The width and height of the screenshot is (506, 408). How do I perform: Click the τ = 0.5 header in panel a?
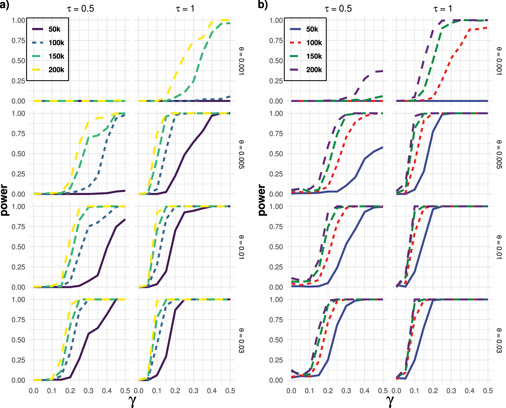[81, 9]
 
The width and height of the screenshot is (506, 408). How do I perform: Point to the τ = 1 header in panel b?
[443, 9]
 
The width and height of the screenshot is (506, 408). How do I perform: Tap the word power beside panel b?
[262, 200]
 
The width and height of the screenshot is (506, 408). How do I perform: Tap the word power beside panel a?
[4, 200]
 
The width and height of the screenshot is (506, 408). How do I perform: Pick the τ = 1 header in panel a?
[185, 9]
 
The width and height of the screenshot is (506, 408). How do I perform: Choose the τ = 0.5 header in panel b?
[338, 9]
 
